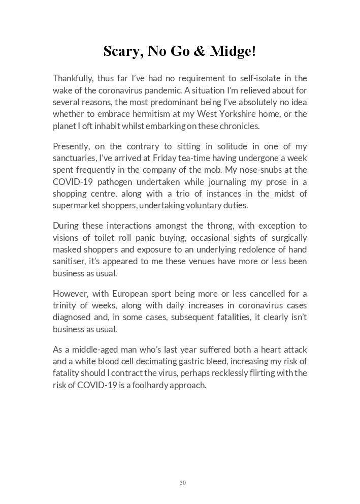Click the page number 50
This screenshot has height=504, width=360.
tap(183, 483)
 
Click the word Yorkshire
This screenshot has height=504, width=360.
tap(252, 114)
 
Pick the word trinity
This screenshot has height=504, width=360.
tap(64, 305)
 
